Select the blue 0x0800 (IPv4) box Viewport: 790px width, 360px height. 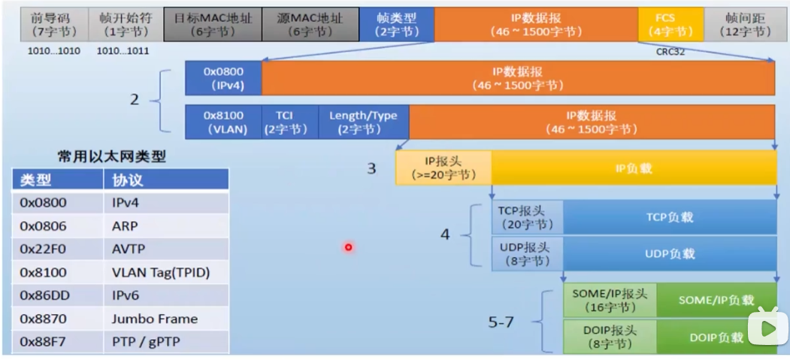pyautogui.click(x=223, y=78)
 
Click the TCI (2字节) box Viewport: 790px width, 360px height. pyautogui.click(x=285, y=122)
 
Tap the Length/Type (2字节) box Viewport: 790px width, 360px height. pyautogui.click(x=363, y=122)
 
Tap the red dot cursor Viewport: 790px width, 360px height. pyautogui.click(x=348, y=247)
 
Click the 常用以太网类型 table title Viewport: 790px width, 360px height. pyautogui.click(x=112, y=157)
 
